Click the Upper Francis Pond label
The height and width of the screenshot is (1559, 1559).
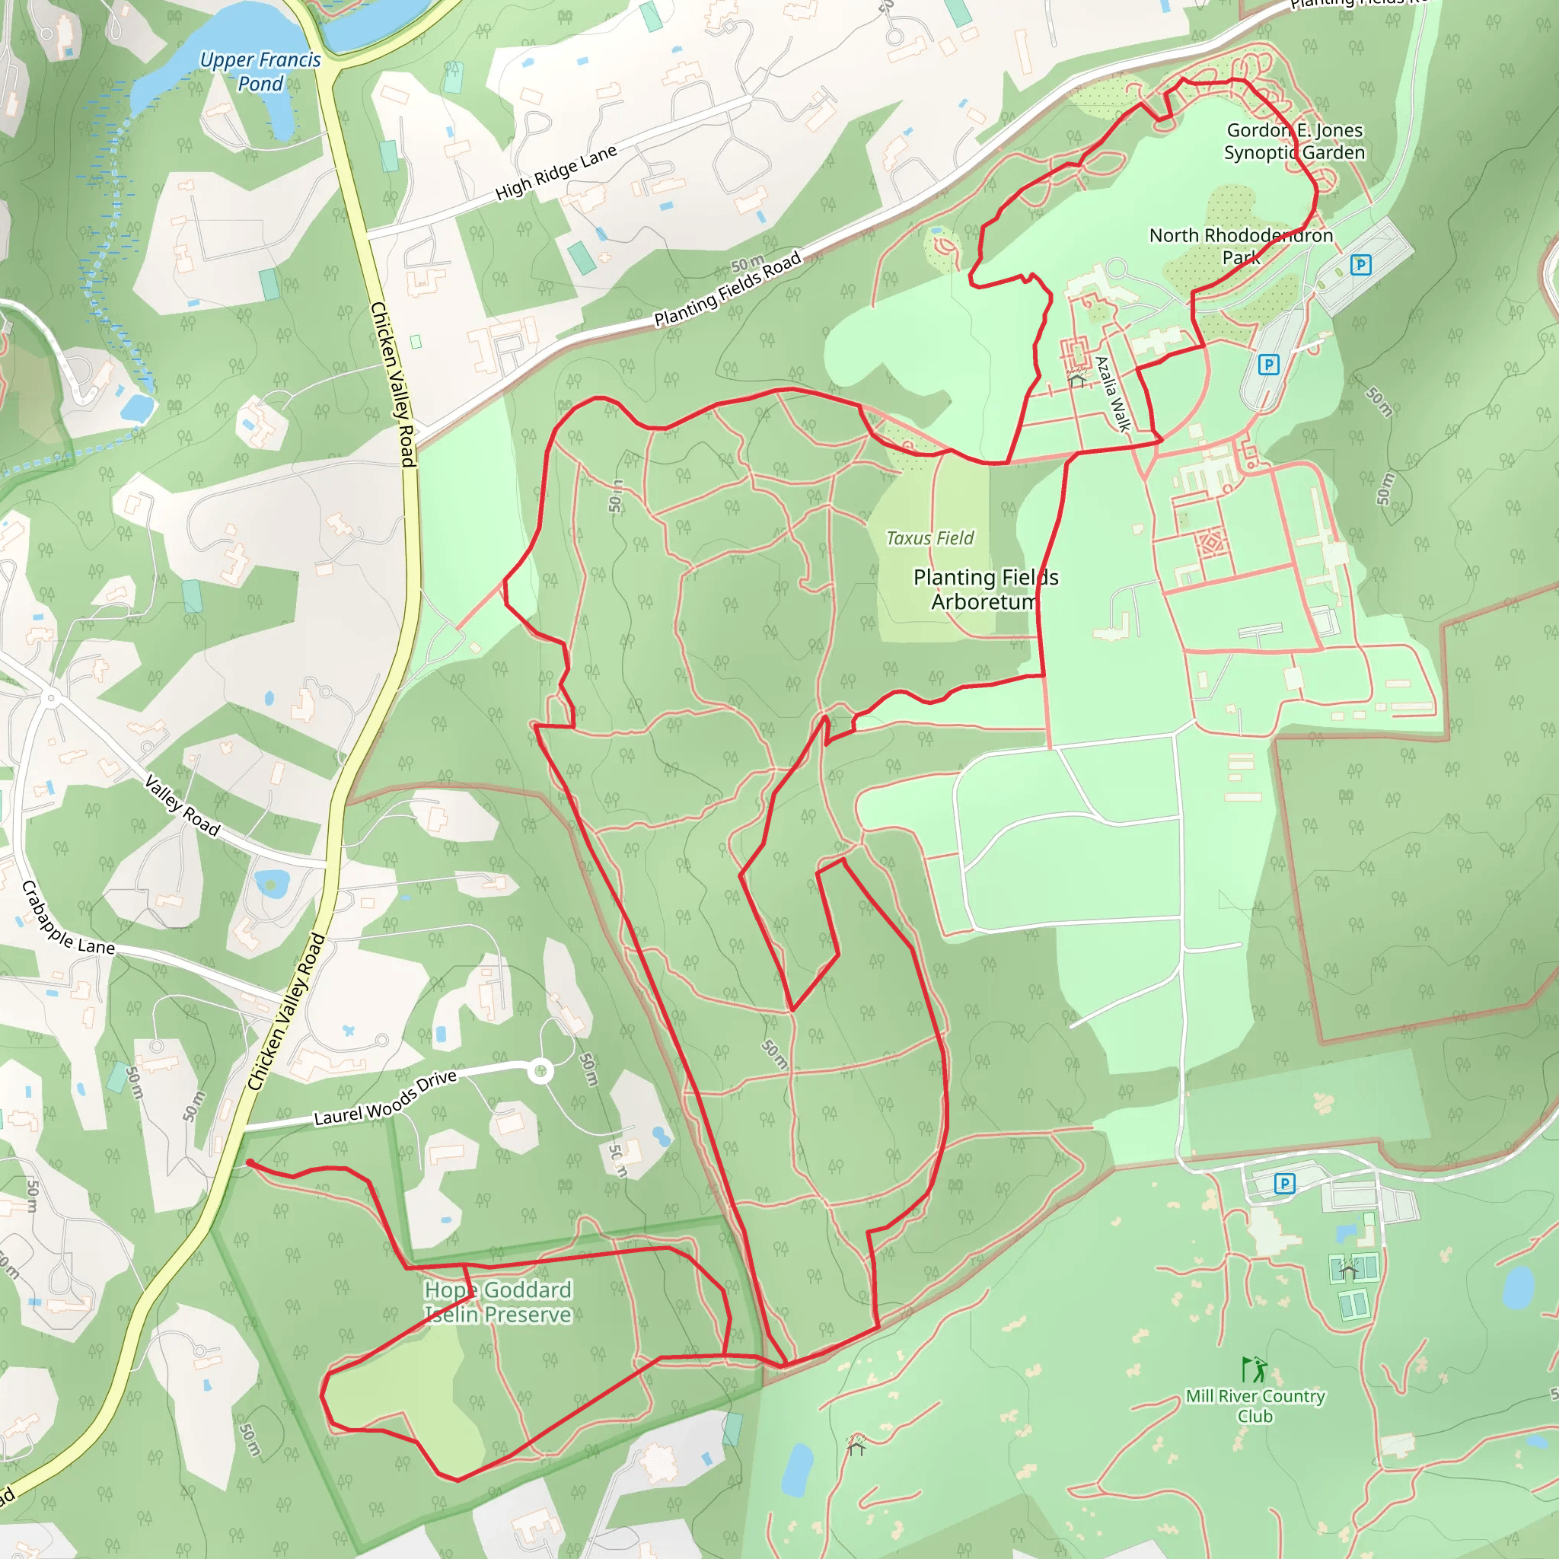coord(260,71)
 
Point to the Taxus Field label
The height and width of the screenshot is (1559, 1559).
coord(929,538)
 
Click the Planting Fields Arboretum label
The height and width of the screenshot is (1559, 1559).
coord(985,589)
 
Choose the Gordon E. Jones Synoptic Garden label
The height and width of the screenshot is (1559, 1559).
coord(1294,142)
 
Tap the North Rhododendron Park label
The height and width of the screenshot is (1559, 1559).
coord(1241,245)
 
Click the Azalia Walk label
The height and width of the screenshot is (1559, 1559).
coord(1113,394)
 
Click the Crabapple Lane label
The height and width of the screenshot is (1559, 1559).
coord(68,919)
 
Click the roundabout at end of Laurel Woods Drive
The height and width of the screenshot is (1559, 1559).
coord(540,1072)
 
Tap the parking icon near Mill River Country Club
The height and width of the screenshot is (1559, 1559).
coord(1284,1184)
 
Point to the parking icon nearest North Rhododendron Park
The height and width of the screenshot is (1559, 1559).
coord(1360,265)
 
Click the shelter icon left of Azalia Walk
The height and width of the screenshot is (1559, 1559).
coord(1076,378)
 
